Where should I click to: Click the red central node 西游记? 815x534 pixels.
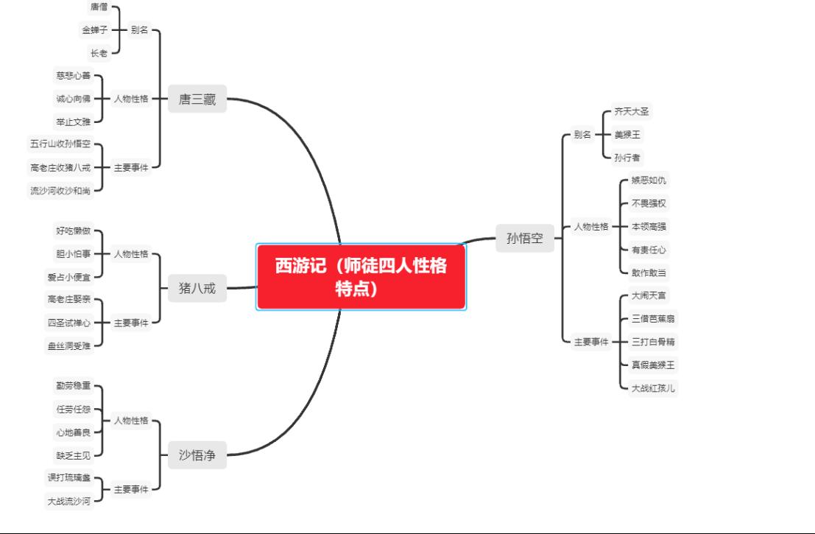(x=361, y=277)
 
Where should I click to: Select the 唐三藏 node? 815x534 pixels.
(x=197, y=99)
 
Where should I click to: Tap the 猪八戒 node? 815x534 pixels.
(x=197, y=288)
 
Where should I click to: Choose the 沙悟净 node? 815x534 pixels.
(x=197, y=455)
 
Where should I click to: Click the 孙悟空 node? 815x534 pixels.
(x=525, y=238)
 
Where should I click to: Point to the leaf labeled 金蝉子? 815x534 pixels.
(x=94, y=29)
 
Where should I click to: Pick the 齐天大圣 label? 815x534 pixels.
(x=632, y=111)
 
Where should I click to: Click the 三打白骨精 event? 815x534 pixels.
(x=653, y=342)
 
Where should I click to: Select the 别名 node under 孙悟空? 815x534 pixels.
(x=582, y=135)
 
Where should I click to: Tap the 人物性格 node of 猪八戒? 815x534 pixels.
(x=131, y=253)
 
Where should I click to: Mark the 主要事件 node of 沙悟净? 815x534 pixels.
(x=131, y=489)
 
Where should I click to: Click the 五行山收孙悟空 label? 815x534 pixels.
(x=60, y=144)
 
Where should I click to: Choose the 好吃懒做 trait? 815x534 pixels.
(x=74, y=231)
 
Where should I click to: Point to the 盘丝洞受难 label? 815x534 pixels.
(x=69, y=345)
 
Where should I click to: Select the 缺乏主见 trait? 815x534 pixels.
(x=74, y=455)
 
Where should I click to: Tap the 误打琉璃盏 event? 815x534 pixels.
(x=69, y=477)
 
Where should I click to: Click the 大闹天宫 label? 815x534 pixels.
(x=649, y=295)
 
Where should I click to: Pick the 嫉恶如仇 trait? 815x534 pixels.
(x=649, y=180)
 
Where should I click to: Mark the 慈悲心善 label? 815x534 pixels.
(x=74, y=75)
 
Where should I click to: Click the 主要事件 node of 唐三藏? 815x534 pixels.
(x=131, y=167)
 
